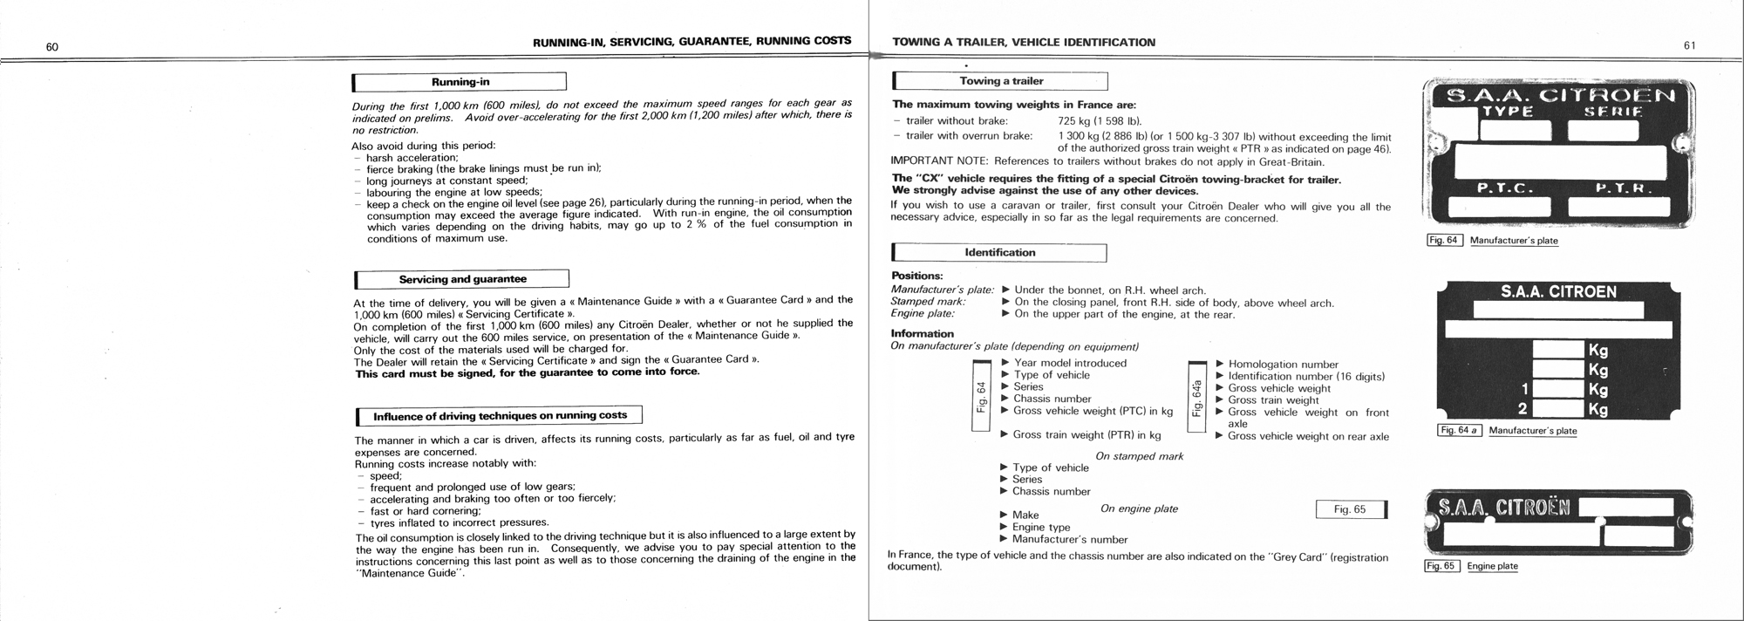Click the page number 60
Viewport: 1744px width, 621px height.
click(x=52, y=47)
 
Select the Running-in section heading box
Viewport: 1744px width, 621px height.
click(x=460, y=82)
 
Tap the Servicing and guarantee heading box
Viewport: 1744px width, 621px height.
click(x=462, y=279)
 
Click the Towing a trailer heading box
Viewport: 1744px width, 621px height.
click(x=1001, y=81)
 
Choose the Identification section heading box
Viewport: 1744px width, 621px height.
click(x=1000, y=253)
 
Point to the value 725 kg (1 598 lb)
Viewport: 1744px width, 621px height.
click(x=1099, y=121)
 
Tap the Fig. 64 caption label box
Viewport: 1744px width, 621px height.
click(x=1444, y=240)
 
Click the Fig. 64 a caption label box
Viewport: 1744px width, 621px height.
click(x=1459, y=430)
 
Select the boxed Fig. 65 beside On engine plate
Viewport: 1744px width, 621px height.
click(x=1350, y=509)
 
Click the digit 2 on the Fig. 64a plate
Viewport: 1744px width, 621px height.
click(x=1523, y=408)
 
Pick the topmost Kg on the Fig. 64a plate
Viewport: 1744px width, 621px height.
click(x=1598, y=350)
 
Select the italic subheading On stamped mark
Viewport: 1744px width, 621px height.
click(x=1139, y=456)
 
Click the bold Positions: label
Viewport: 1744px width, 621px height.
click(x=916, y=276)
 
